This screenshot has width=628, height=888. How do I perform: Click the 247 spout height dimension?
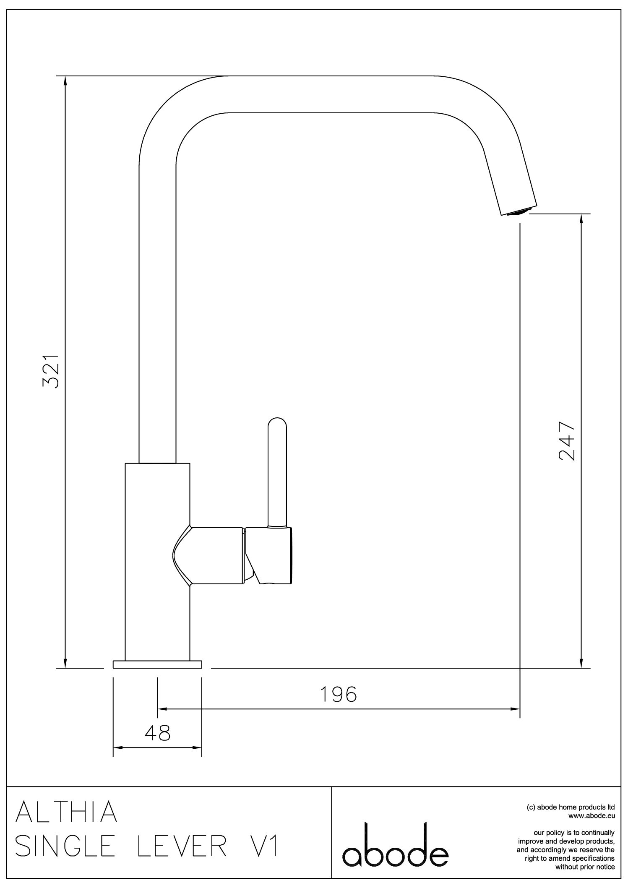coord(566,441)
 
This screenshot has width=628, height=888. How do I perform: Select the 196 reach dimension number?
coord(338,695)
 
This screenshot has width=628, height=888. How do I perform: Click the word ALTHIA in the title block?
coord(66,812)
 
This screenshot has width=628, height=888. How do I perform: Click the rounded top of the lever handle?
coord(277,423)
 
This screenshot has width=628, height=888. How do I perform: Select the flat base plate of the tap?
coord(157,664)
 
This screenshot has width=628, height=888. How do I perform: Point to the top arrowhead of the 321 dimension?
coord(65,81)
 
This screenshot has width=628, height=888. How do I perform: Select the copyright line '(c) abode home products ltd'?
coord(571,807)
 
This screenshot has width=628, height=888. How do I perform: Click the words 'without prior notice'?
coord(585,867)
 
